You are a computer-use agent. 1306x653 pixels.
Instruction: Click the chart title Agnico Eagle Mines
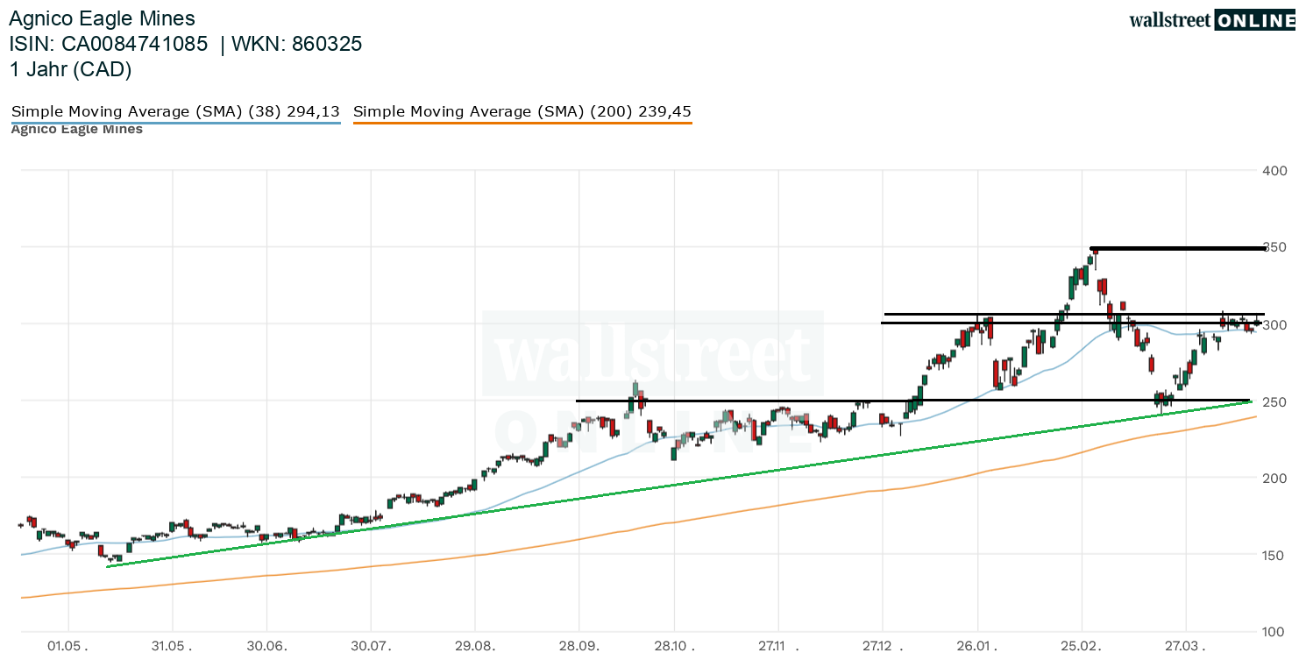(x=102, y=18)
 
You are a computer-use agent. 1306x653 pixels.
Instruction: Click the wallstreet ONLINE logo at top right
(x=1211, y=20)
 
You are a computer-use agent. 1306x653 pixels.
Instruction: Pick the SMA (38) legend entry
(x=174, y=112)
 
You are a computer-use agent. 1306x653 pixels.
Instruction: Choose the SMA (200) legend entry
(x=522, y=112)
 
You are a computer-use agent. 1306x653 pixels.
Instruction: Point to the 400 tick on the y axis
(x=1274, y=170)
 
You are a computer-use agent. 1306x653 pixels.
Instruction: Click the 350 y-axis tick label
(x=1274, y=247)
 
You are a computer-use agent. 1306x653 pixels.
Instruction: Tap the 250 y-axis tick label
(x=1274, y=401)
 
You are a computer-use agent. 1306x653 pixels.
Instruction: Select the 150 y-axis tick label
(x=1274, y=556)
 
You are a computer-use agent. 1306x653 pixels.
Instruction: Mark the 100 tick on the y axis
(x=1274, y=632)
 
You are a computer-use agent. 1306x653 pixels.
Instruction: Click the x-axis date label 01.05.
(x=68, y=646)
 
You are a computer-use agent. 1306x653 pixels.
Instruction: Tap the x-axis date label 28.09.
(x=578, y=646)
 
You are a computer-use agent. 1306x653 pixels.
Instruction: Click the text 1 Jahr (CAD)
(x=70, y=70)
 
